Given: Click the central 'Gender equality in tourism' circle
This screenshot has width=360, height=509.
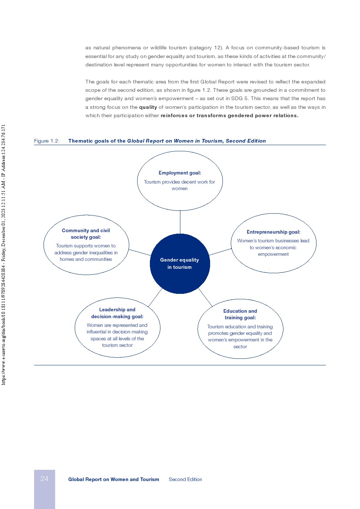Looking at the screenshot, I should (180, 263).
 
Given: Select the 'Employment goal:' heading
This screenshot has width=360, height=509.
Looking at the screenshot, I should (180, 173).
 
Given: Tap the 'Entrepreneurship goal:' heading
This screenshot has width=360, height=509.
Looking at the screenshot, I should (273, 232).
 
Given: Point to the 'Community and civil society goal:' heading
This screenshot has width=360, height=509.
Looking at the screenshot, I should (86, 234).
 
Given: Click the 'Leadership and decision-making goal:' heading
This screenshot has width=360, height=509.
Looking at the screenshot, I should (117, 313).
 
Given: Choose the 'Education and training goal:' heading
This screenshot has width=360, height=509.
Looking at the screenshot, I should (240, 314).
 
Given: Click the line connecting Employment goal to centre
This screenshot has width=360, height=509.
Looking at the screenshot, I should (180, 222).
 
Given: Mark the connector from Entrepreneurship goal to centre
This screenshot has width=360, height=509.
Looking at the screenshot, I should (220, 252).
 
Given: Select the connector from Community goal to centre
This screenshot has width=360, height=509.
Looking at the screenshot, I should (140, 252).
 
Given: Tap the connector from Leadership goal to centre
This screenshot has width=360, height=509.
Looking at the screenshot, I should (155, 297).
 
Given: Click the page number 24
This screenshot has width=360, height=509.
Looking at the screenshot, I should (44, 479).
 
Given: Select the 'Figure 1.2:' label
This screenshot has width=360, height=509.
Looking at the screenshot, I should (47, 141).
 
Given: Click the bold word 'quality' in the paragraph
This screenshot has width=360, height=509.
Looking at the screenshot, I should (148, 107).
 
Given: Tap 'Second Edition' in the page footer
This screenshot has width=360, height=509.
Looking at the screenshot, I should (185, 479).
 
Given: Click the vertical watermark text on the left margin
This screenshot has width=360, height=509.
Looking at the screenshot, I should (4, 254).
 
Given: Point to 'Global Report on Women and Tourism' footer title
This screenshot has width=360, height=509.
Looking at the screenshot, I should (114, 479).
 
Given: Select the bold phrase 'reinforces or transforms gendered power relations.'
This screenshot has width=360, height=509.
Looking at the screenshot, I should (229, 116).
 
